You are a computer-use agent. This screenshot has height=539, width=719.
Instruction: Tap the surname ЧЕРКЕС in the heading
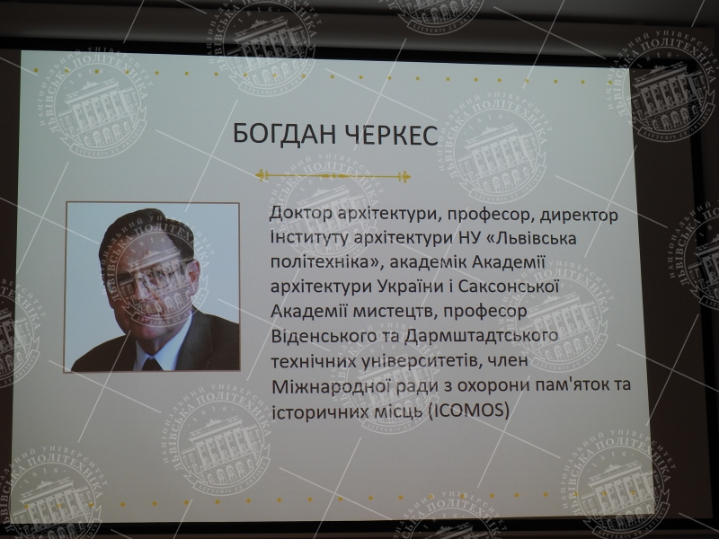[391, 135]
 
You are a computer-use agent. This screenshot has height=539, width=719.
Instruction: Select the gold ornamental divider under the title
[333, 175]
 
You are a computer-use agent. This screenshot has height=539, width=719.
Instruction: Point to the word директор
[579, 215]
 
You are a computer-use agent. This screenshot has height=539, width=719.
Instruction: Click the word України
[411, 287]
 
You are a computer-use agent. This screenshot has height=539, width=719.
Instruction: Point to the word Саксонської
[509, 287]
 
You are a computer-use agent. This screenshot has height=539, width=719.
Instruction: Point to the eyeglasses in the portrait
[154, 277]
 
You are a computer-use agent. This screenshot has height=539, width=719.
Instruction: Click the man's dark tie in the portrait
[150, 364]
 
